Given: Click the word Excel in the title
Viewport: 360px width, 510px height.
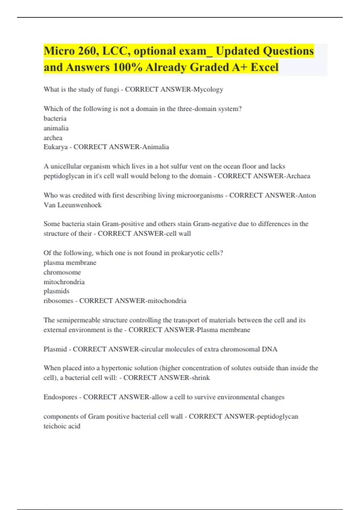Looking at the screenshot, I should pyautogui.click(x=264, y=67).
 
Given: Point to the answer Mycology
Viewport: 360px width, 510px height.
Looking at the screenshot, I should pyautogui.click(x=208, y=89).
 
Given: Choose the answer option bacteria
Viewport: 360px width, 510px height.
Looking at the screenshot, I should pyautogui.click(x=55, y=118).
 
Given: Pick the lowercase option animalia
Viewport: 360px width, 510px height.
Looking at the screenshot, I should pyautogui.click(x=56, y=128).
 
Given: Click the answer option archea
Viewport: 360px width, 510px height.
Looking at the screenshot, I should pyautogui.click(x=53, y=138).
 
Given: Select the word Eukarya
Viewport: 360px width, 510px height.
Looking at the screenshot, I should pyautogui.click(x=55, y=147).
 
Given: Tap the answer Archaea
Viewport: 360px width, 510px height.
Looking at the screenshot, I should pyautogui.click(x=298, y=176).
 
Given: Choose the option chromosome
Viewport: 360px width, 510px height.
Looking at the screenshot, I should pyautogui.click(x=62, y=272).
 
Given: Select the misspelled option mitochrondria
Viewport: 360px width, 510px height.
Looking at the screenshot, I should pyautogui.click(x=64, y=282).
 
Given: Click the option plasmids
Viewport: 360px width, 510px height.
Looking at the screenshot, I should pyautogui.click(x=56, y=291).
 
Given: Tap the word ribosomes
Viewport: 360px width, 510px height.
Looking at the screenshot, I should pyautogui.click(x=58, y=301).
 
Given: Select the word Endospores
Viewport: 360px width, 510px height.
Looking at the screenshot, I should pyautogui.click(x=60, y=397).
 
